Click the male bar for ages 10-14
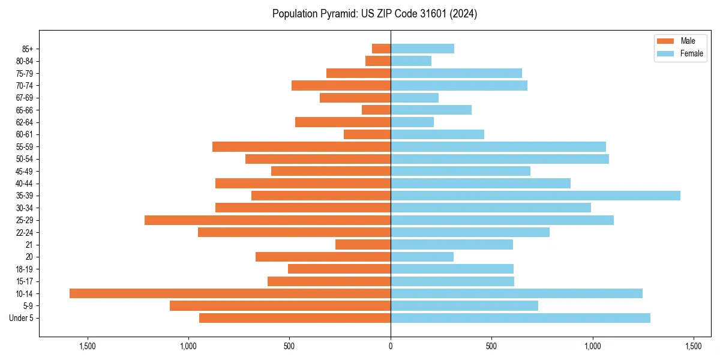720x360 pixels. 230,293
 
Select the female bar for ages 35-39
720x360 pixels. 535,196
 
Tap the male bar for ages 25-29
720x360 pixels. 268,220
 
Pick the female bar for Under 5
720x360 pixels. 520,318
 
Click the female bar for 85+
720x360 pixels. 422,49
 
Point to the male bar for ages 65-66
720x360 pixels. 376,110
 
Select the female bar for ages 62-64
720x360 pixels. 412,122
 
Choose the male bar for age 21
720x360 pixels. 363,245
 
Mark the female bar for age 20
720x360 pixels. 422,257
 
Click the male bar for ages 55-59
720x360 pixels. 301,147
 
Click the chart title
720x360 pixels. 374,14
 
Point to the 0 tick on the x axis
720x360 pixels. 391,346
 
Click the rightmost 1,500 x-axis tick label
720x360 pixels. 694,346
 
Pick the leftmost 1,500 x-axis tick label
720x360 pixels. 88,346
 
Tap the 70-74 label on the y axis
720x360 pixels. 25,86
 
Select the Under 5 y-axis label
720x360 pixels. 22,318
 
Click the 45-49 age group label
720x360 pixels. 25,172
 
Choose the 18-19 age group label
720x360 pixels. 25,269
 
